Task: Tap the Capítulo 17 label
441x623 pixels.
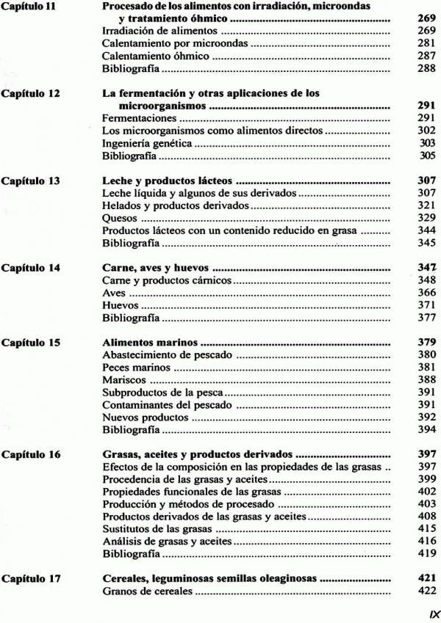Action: click(30, 578)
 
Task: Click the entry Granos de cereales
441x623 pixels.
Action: click(146, 591)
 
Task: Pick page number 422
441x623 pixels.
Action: click(426, 591)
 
